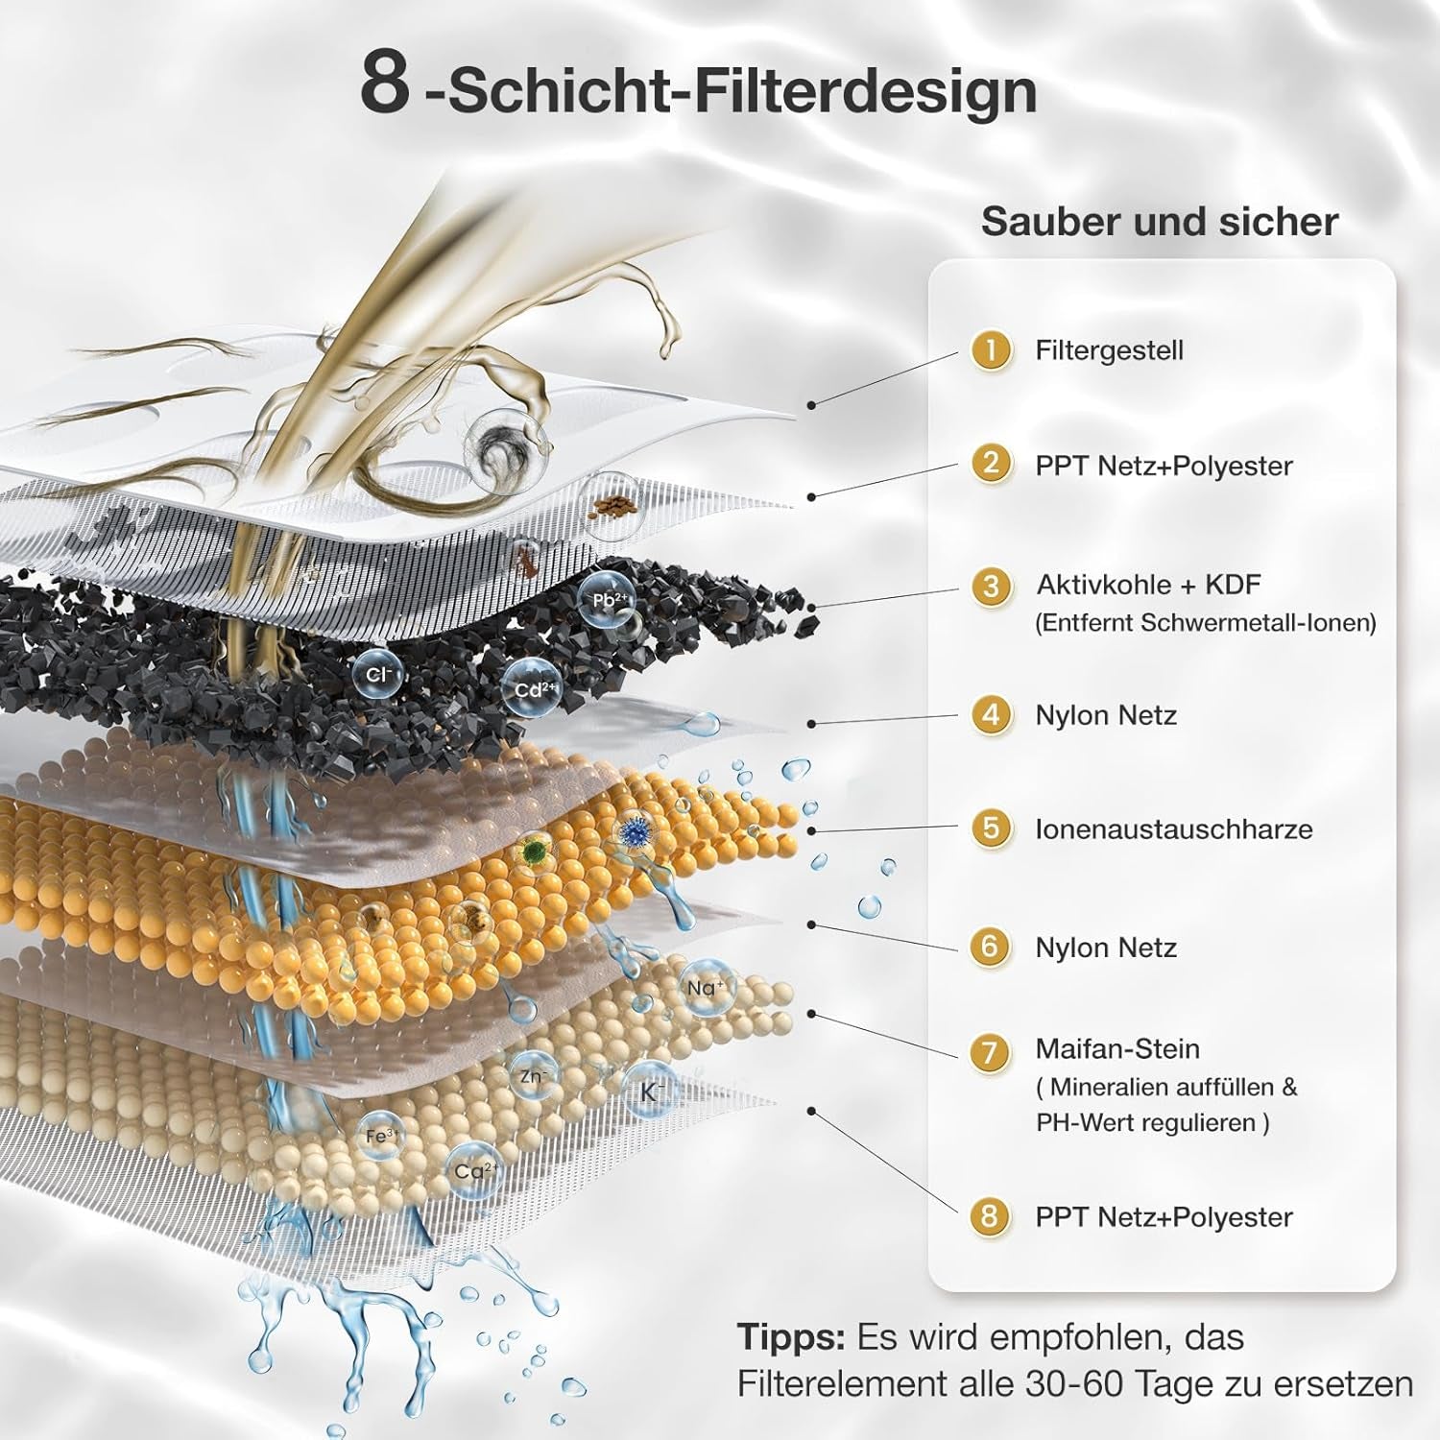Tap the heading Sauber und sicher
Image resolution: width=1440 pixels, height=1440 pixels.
pyautogui.click(x=1160, y=222)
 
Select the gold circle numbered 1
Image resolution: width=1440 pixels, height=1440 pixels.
pyautogui.click(x=991, y=349)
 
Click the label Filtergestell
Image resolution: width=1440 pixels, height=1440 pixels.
pyautogui.click(x=1109, y=350)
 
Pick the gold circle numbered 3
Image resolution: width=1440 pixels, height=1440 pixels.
pyautogui.click(x=991, y=586)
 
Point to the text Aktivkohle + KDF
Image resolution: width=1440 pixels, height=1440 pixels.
pyautogui.click(x=1148, y=585)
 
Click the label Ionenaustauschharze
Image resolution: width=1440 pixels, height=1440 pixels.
pyautogui.click(x=1173, y=829)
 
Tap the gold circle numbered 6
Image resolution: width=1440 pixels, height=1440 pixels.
pyautogui.click(x=990, y=947)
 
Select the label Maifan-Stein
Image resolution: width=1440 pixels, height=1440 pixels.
pyautogui.click(x=1117, y=1048)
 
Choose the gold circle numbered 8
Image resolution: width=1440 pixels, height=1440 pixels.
pyautogui.click(x=990, y=1217)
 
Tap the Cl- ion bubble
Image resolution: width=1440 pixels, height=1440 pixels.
pyautogui.click(x=376, y=676)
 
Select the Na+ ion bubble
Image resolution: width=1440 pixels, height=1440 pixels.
pyautogui.click(x=706, y=988)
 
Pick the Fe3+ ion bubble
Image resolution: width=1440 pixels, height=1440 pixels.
pyautogui.click(x=380, y=1137)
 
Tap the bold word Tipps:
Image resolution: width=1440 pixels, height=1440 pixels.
pyautogui.click(x=791, y=1337)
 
